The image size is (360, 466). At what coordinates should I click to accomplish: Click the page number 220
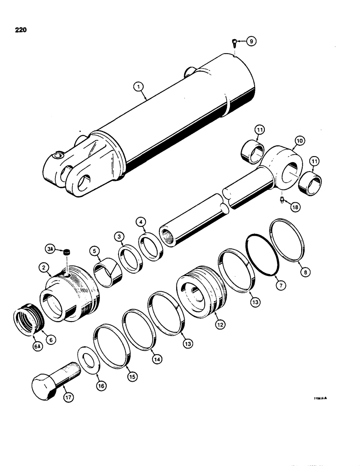pos(20,30)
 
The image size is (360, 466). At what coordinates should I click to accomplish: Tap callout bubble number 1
pos(137,86)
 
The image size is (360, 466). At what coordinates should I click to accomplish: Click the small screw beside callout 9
pos(233,43)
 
